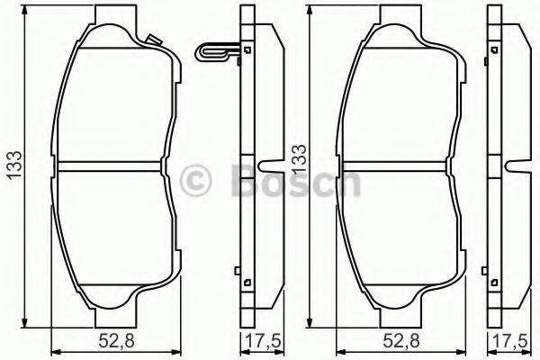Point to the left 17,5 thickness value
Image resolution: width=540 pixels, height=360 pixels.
(259, 342)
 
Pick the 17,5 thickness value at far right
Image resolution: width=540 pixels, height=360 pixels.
(509, 342)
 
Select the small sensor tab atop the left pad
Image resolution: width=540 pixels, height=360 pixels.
(151, 40)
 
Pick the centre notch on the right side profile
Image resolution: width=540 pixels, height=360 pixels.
(519, 166)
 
